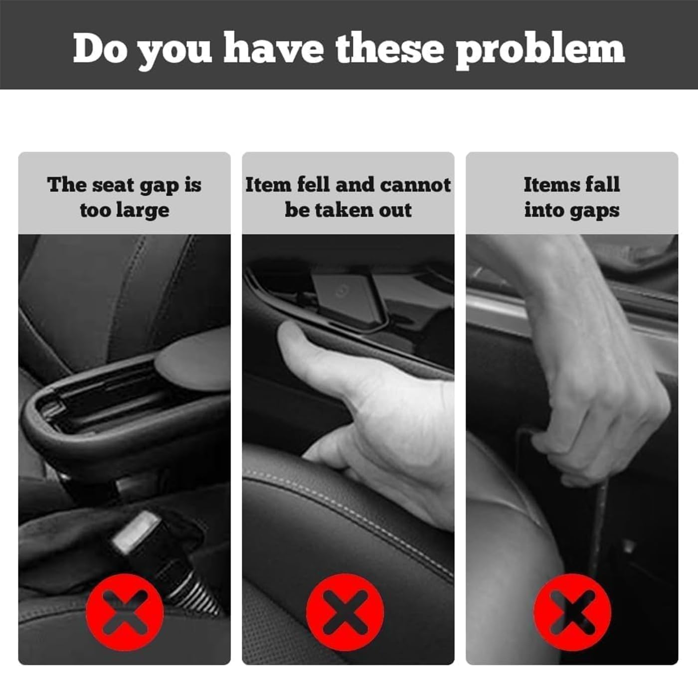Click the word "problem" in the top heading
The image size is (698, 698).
click(540, 50)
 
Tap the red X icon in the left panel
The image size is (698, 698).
click(125, 612)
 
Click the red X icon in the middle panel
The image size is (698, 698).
click(345, 612)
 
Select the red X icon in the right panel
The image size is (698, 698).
click(572, 612)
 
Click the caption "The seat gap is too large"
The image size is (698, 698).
click(125, 197)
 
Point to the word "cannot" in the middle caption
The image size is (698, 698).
click(415, 184)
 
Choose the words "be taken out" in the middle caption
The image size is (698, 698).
click(348, 210)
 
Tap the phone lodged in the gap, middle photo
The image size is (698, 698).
click(349, 297)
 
